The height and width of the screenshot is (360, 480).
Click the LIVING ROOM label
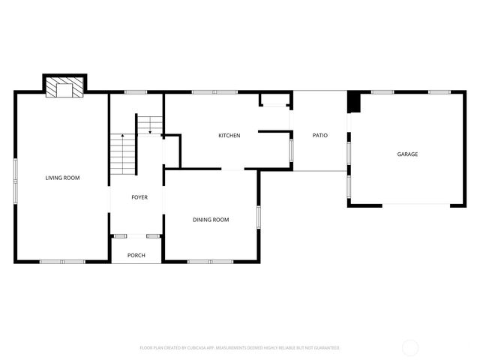point(62,178)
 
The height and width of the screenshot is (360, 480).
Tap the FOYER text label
point(139,197)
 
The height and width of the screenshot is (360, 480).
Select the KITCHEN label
point(229,136)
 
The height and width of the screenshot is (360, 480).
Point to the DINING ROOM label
point(211,220)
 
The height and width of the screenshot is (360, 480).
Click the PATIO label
point(320,136)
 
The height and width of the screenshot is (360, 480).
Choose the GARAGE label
point(407,154)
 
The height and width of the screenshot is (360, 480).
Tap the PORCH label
point(136,255)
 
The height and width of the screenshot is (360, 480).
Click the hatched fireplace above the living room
point(64,90)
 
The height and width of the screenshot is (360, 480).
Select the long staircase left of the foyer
point(121,154)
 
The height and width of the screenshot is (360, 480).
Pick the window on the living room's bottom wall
point(62,262)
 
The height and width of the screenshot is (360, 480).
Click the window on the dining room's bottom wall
point(200,262)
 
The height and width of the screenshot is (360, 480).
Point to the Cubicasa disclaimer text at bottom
point(240,348)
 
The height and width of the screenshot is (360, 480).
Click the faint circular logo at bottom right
point(410,347)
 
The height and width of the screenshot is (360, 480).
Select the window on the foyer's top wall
point(136,92)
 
